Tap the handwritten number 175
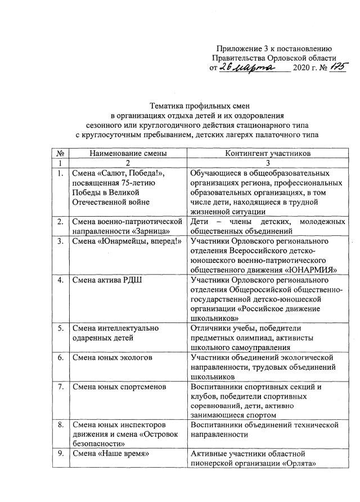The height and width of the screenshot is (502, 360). (323, 66)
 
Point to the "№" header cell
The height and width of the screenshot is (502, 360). (60, 153)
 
